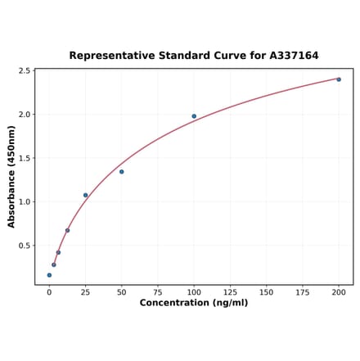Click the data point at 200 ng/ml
click(339, 79)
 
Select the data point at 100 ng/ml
click(194, 116)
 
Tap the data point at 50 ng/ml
click(122, 172)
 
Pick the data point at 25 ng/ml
click(85, 196)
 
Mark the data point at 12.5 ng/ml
click(67, 231)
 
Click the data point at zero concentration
click(49, 275)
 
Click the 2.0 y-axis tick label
click(25, 115)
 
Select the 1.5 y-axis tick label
click(25, 159)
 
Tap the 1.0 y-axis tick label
click(25, 202)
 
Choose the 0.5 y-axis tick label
click(25, 246)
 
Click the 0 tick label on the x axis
click(49, 291)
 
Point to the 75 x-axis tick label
click(158, 291)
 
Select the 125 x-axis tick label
click(230, 291)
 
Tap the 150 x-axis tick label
click(267, 291)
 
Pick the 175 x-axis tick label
click(303, 291)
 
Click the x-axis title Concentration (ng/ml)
click(194, 303)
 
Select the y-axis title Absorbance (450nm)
click(11, 176)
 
